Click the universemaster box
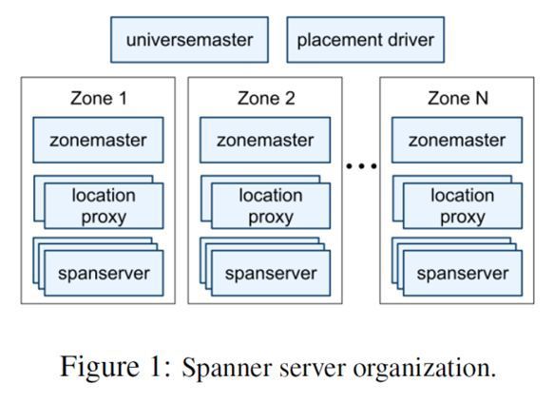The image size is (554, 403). (189, 40)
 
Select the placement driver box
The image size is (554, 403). (365, 40)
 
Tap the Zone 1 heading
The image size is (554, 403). (98, 98)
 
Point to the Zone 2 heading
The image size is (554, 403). (266, 98)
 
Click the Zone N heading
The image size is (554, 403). (457, 98)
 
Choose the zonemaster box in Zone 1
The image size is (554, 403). (98, 140)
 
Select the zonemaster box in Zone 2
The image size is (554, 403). (265, 140)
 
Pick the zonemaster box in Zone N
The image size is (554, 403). (457, 140)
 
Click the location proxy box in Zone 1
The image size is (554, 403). (104, 205)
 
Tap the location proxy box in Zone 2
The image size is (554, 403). (271, 205)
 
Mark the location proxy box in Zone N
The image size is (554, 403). (463, 205)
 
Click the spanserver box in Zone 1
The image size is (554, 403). (104, 273)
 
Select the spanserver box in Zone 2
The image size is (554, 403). (271, 273)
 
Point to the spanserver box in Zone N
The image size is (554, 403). (463, 273)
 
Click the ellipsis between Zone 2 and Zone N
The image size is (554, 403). (361, 165)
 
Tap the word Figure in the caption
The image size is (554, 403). (100, 367)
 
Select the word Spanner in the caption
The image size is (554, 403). (228, 368)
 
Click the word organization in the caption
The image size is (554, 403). (425, 369)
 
